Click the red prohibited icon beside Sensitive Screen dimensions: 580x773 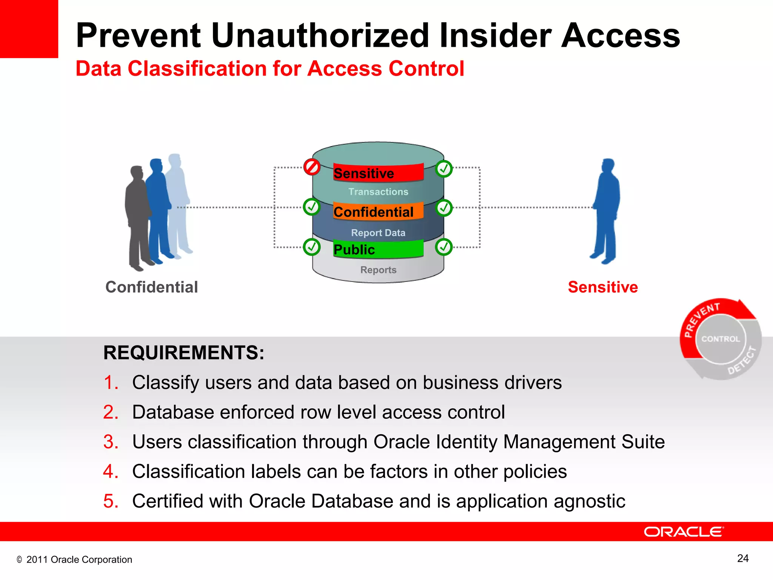coord(312,167)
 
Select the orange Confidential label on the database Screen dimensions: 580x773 coord(378,211)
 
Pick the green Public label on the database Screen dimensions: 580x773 coord(378,249)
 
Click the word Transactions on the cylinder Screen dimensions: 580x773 coord(378,192)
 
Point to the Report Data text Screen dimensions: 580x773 coord(378,233)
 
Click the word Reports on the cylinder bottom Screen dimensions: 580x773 coord(378,270)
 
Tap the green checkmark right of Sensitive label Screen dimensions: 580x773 coord(444,169)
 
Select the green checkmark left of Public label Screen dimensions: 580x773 coord(312,247)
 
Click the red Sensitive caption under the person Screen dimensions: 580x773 coord(603,287)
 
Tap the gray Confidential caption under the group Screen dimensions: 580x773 coord(152,287)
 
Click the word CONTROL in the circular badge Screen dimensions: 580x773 coord(721,339)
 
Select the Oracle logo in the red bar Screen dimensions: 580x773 coord(684,532)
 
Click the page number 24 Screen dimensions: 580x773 coord(743,558)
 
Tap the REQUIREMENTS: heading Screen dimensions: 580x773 coord(184,353)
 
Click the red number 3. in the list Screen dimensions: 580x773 coord(111,442)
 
